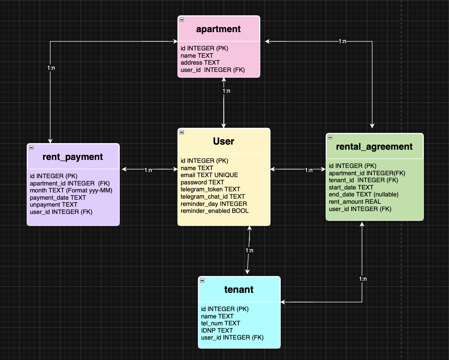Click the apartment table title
(218, 29)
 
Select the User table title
(223, 141)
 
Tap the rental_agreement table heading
(374, 147)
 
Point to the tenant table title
(239, 290)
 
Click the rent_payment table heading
(73, 157)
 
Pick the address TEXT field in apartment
(200, 63)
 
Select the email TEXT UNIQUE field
(209, 175)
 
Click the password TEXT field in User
(202, 182)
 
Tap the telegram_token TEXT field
(210, 189)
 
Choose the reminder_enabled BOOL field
(215, 211)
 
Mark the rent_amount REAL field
(355, 202)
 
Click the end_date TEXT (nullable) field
(364, 195)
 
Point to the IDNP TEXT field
(217, 330)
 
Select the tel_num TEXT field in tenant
(220, 323)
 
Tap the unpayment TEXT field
(54, 205)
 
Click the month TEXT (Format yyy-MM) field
(71, 191)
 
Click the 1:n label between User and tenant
(249, 250)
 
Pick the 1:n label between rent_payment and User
(148, 170)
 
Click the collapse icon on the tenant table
(202, 281)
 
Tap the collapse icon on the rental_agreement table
(330, 137)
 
